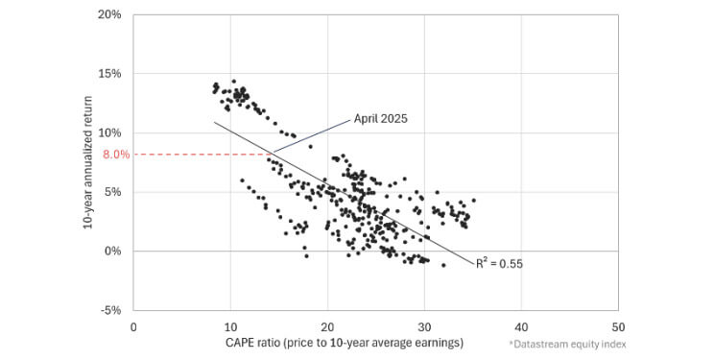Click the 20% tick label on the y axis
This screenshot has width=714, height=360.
[109, 14]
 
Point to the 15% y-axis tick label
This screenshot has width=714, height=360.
[109, 74]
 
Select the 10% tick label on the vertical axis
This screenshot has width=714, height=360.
[109, 132]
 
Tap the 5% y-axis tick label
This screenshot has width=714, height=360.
[112, 192]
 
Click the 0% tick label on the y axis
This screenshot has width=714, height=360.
[112, 251]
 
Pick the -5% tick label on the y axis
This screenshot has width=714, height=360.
[111, 310]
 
